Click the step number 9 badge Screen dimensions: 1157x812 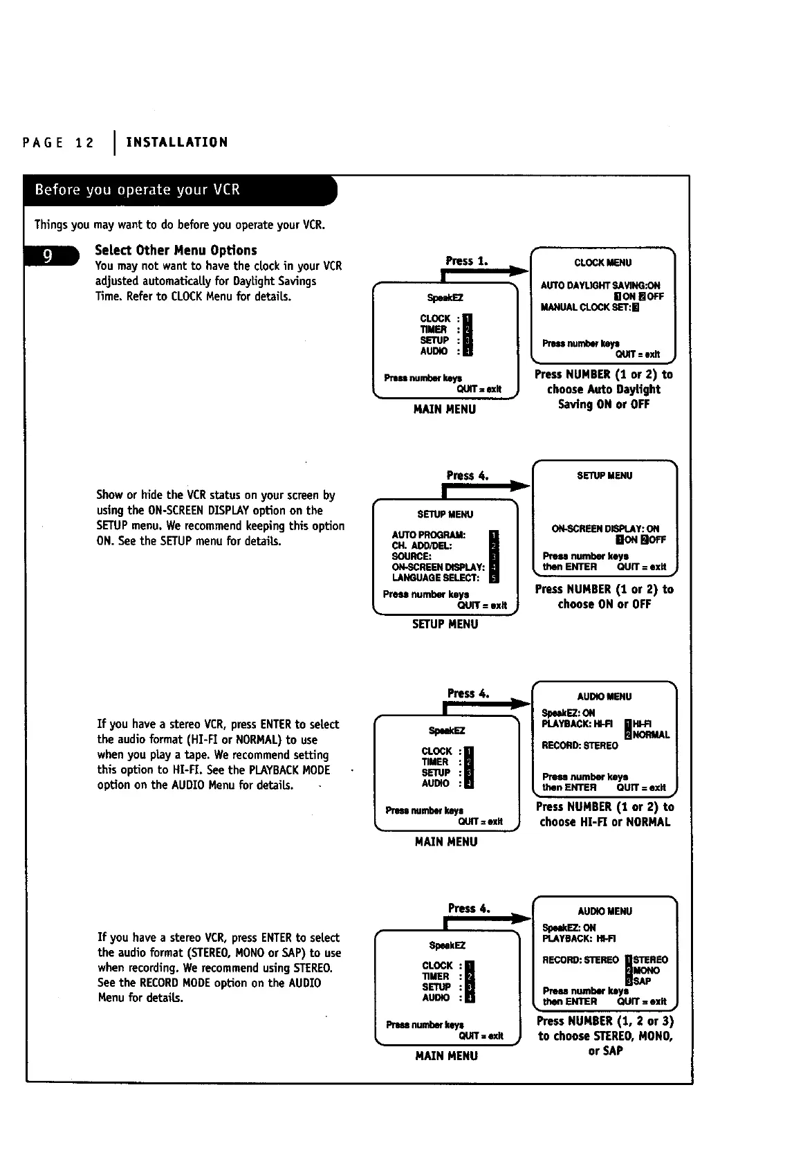click(x=48, y=257)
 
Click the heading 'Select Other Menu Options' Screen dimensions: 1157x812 click(x=176, y=250)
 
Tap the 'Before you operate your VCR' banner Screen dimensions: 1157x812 click(x=138, y=190)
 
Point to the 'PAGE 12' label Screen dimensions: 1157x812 click(x=58, y=143)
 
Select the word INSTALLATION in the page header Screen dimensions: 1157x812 click(x=177, y=143)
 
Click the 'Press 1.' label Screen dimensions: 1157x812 click(x=467, y=261)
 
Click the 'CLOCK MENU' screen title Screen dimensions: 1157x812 click(x=602, y=263)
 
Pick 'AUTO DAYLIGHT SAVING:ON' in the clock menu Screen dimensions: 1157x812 click(x=600, y=285)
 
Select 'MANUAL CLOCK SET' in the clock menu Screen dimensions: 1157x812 click(x=585, y=307)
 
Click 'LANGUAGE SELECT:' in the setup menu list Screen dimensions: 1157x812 click(x=435, y=578)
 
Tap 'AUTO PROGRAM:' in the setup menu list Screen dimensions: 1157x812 click(x=428, y=535)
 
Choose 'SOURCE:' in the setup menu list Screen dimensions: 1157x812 click(x=412, y=556)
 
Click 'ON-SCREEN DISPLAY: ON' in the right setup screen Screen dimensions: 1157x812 click(x=605, y=529)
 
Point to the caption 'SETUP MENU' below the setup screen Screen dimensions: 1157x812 click(x=445, y=624)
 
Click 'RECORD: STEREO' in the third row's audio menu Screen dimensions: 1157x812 click(x=580, y=746)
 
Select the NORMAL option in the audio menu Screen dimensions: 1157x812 click(x=651, y=735)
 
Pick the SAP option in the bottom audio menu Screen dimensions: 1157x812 click(x=641, y=981)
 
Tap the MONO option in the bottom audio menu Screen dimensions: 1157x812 click(x=646, y=971)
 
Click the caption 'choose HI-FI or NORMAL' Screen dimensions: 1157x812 click(x=605, y=822)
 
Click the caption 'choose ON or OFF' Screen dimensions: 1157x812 click(x=605, y=604)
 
